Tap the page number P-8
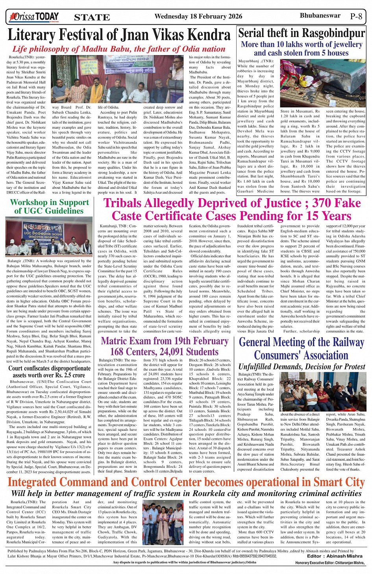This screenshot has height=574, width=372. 356,17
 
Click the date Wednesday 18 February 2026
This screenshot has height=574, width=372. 198,17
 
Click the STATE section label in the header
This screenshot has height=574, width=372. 92,17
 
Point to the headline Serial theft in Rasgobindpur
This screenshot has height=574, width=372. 302,33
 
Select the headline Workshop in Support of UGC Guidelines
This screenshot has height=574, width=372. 49,207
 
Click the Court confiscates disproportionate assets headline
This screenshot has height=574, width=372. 49,371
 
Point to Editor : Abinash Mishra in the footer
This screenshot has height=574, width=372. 335,556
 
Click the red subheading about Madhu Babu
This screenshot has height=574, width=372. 119,49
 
